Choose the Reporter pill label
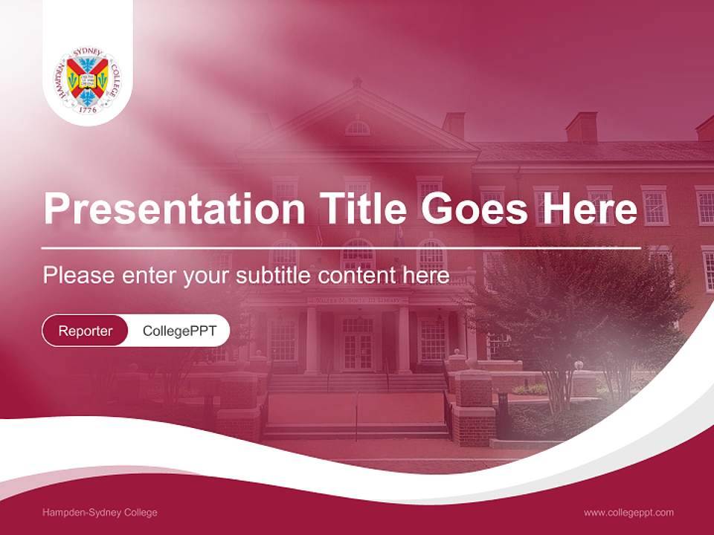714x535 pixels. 86,331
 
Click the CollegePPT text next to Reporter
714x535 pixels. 179,331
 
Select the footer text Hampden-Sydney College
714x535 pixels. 100,513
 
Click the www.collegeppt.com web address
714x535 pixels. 628,513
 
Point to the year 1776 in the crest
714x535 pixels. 88,108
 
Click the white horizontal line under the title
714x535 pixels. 341,247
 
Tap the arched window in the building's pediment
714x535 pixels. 358,128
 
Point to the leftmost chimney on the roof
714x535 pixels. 454,125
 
